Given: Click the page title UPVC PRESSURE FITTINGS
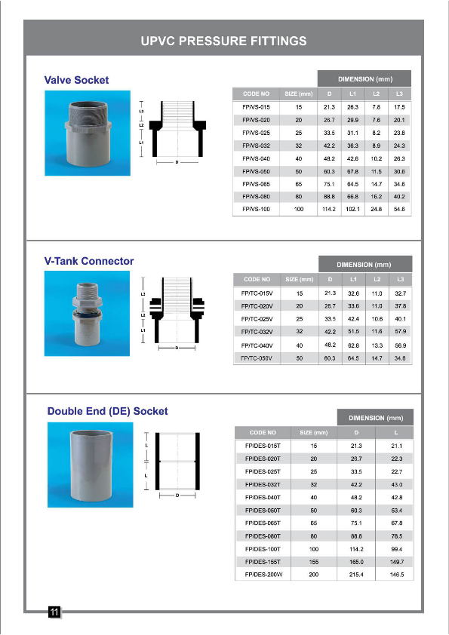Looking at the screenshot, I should coord(223,40).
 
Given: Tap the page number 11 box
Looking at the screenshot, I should coord(54,612).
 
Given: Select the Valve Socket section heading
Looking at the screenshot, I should coord(76,80).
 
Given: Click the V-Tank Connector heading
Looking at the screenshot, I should coord(89,261).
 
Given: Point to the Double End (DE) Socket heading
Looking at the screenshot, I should coord(107,411).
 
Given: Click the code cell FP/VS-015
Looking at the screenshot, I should coord(256,107).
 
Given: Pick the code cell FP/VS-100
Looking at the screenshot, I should coord(256,208).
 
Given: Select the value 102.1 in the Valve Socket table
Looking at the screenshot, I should coord(352,208).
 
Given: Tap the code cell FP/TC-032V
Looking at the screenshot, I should coord(257,332).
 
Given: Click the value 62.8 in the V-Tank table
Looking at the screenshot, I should coord(352,345).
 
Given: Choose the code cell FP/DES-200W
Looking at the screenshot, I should coord(263,575).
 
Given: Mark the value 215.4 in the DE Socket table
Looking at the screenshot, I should coord(357,575).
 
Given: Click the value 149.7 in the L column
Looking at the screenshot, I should coord(397,562).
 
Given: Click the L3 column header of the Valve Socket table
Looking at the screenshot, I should coord(399,94).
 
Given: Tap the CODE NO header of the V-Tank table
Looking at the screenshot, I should coord(257,279).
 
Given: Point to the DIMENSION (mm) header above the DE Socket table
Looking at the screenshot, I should coord(375,418).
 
